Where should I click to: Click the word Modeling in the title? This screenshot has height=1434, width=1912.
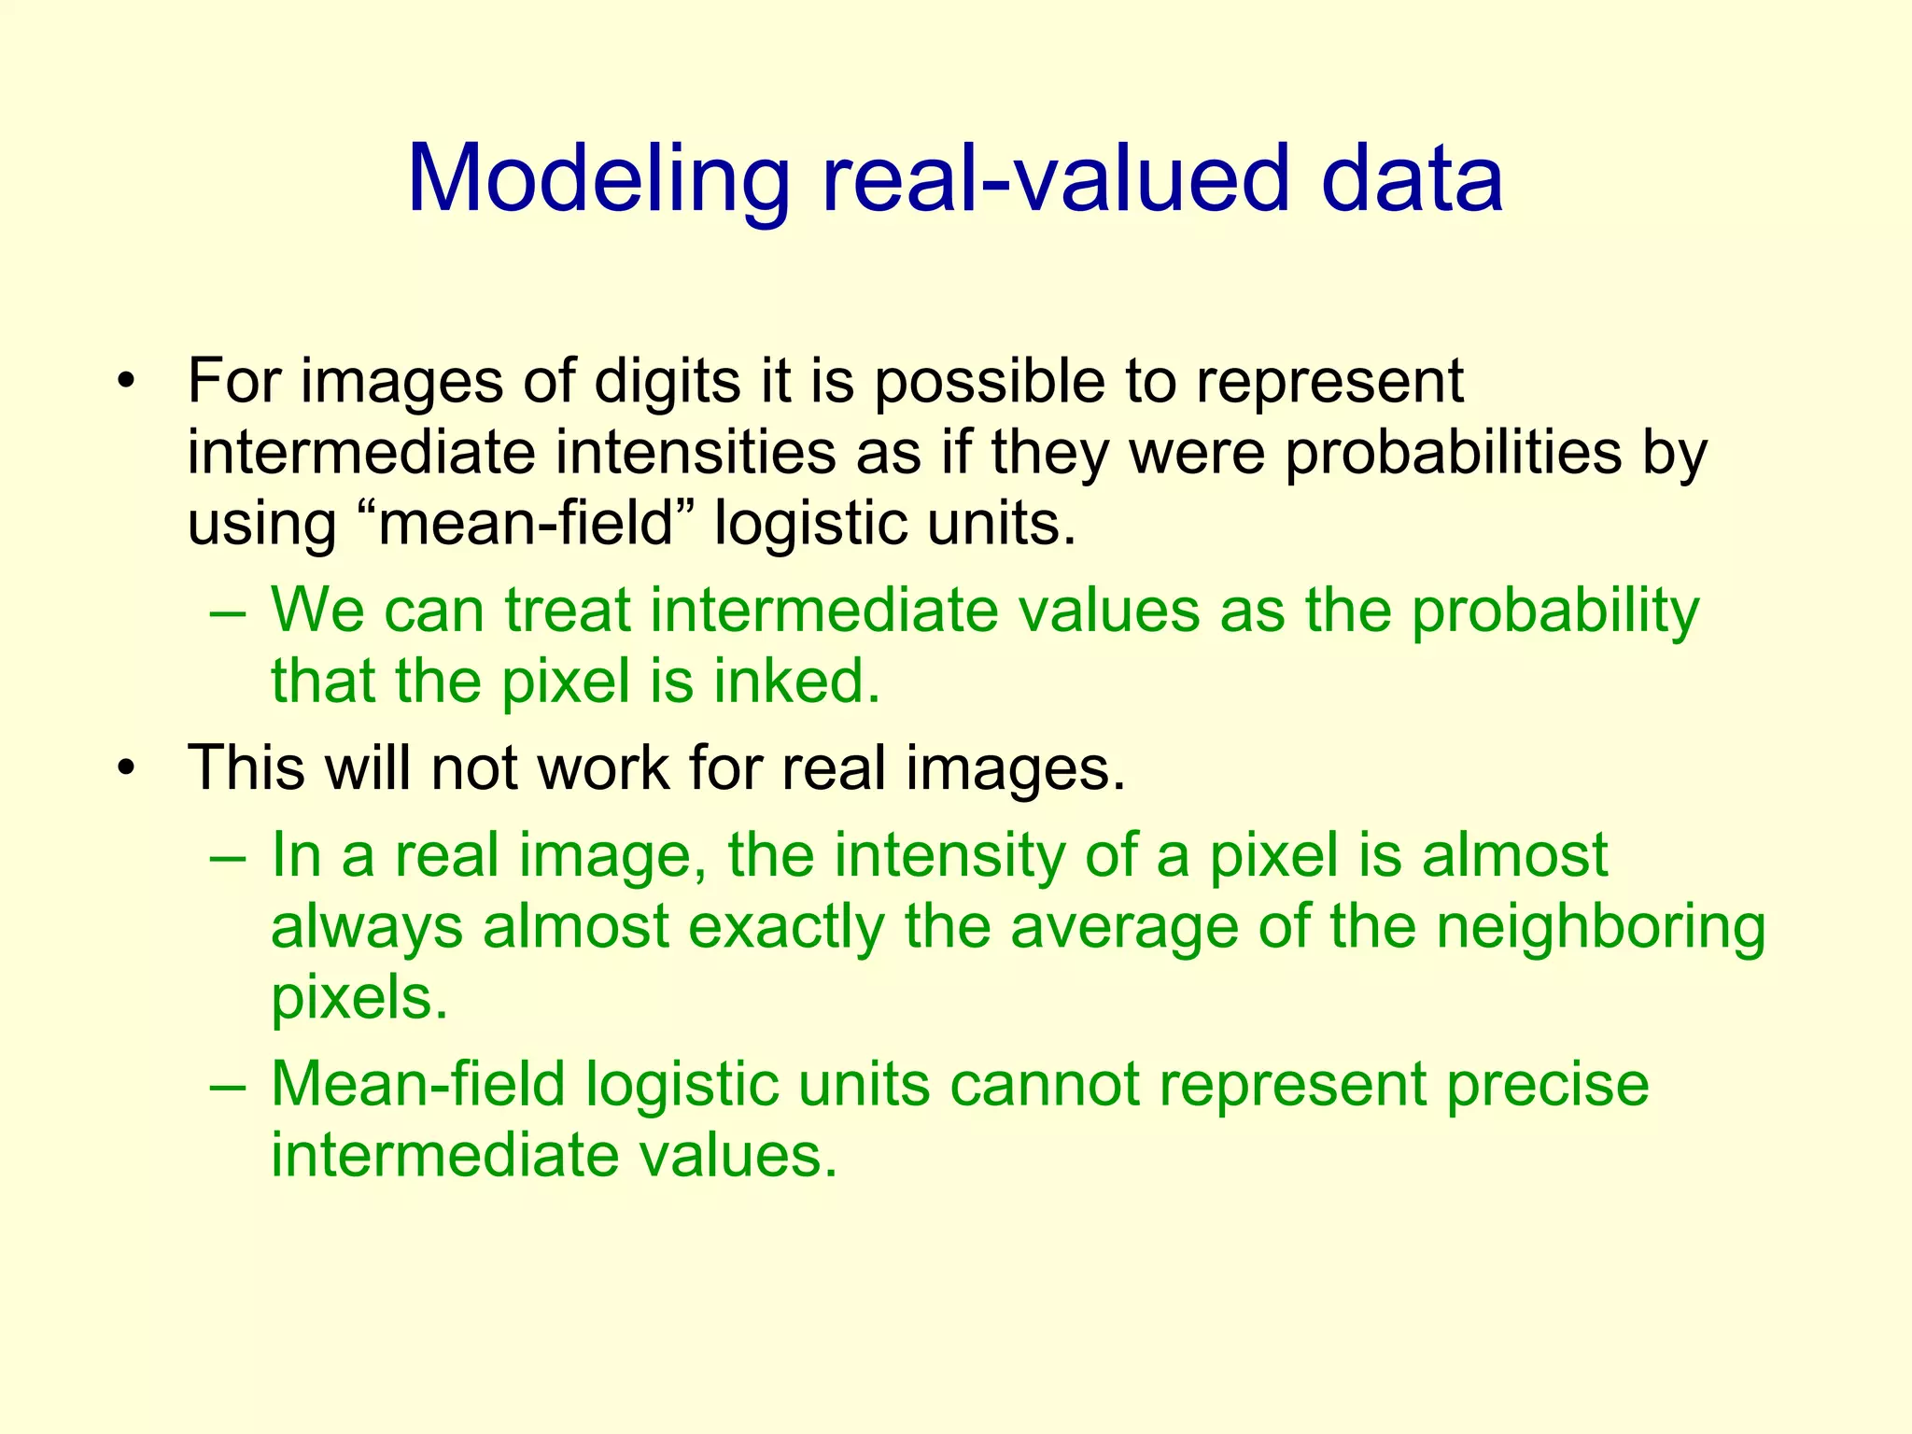tap(598, 179)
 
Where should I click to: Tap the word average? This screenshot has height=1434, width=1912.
tap(1124, 927)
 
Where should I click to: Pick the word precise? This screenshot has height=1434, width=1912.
tap(1548, 1085)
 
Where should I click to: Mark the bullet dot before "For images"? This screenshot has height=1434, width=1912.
tap(127, 384)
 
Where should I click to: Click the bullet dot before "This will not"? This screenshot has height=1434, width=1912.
tap(127, 768)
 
